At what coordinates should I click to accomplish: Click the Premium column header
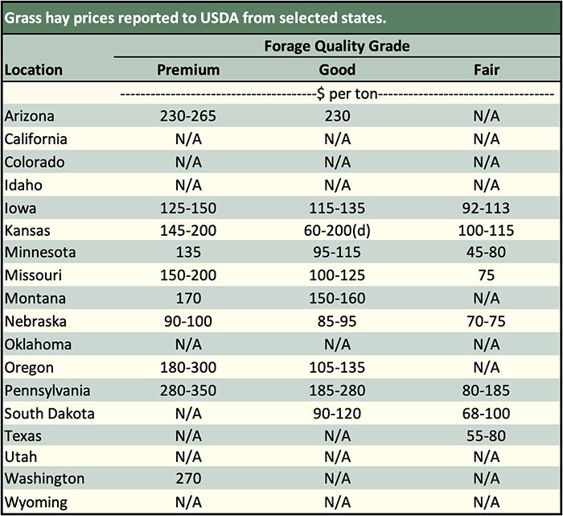click(x=188, y=70)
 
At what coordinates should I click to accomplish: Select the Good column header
click(x=337, y=70)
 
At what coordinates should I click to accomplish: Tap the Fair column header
click(x=487, y=70)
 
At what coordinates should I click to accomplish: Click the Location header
click(x=34, y=70)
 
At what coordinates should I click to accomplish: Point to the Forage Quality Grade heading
click(x=337, y=46)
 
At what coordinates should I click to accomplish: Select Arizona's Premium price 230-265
click(x=188, y=116)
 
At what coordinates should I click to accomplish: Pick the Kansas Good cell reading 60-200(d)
click(x=337, y=231)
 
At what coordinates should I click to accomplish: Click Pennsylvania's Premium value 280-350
click(x=188, y=391)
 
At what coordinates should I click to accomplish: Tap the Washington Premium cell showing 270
click(x=188, y=479)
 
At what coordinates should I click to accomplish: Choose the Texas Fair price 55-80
click(x=487, y=437)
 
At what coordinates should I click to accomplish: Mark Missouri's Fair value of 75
click(x=487, y=276)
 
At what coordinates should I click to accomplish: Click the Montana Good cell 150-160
click(x=337, y=299)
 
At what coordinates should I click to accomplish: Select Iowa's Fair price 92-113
click(x=487, y=208)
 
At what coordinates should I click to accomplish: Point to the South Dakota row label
click(x=50, y=415)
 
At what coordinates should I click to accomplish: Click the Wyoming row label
click(x=36, y=502)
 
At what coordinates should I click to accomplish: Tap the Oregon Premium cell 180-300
click(x=188, y=368)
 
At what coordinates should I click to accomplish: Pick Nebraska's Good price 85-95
click(x=337, y=322)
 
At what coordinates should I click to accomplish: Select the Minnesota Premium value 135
click(x=188, y=253)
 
